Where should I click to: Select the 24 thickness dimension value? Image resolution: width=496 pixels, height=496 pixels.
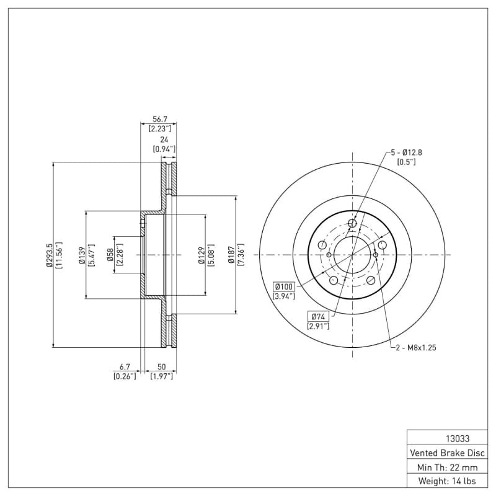[x=164, y=139]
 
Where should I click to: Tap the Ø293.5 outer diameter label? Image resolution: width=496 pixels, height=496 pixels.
[x=48, y=255]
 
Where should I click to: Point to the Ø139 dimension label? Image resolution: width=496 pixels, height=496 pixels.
[x=81, y=255]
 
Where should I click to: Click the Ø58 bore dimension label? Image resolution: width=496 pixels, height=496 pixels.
[x=110, y=255]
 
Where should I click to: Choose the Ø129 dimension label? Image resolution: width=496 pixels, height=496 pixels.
[x=201, y=255]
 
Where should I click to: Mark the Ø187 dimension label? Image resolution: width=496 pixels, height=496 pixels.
[x=231, y=255]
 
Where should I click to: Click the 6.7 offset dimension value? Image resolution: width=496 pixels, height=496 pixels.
[x=125, y=367]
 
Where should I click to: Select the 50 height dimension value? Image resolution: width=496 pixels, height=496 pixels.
[x=161, y=367]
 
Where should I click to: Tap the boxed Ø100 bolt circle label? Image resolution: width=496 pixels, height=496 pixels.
[x=284, y=286]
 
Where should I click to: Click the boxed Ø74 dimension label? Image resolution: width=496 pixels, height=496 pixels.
[x=318, y=317]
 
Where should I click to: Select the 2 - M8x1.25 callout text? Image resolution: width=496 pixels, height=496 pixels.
[x=416, y=348]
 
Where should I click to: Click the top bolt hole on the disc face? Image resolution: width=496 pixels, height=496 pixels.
[x=352, y=223]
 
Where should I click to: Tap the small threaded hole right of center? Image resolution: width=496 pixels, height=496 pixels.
[x=376, y=255]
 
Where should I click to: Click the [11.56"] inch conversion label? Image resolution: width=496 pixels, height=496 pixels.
[x=60, y=255]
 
